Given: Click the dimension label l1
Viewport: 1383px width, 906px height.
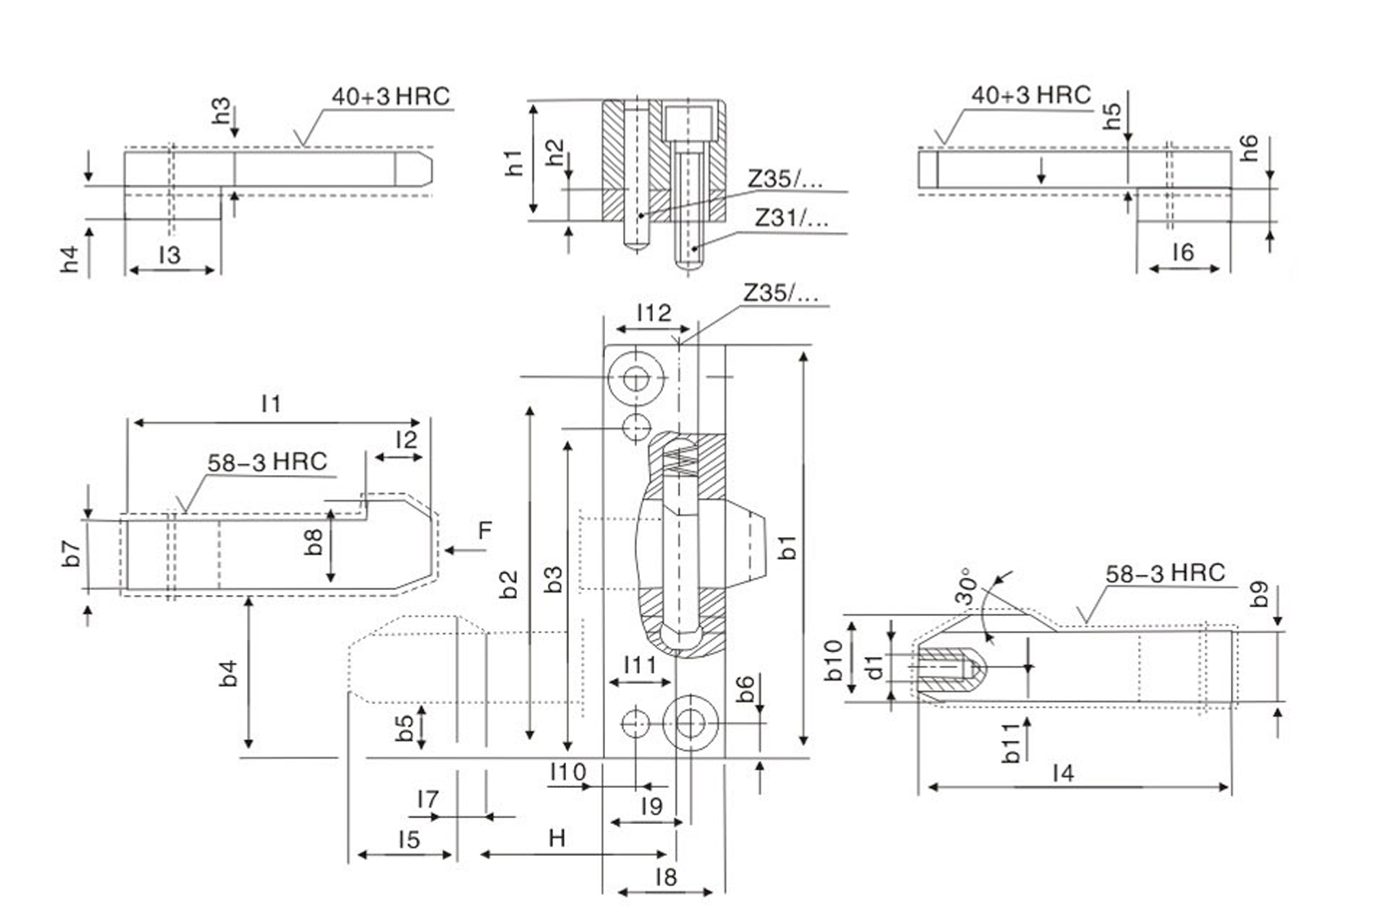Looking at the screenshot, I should (x=271, y=403).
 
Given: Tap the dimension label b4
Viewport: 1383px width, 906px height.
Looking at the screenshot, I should (x=228, y=673).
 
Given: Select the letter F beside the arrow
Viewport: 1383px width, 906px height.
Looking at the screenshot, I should (x=485, y=530).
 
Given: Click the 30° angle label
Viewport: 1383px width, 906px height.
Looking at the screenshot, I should (x=968, y=586).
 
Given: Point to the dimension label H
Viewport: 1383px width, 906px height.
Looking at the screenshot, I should (x=557, y=838).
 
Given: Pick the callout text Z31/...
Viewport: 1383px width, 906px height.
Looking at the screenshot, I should (x=791, y=218).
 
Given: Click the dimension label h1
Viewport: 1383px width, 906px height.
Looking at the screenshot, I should (x=513, y=162).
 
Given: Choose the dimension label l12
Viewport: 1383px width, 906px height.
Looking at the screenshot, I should (x=653, y=313).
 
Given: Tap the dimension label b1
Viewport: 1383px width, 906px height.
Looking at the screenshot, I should (x=787, y=547).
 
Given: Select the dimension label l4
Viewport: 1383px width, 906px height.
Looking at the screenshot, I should (x=1062, y=773).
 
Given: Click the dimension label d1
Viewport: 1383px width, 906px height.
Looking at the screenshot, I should (x=875, y=667).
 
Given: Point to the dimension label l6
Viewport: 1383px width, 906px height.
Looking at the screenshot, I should (x=1182, y=252).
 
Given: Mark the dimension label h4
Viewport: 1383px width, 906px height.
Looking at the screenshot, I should (x=70, y=259).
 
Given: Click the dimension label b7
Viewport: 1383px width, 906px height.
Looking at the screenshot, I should (x=72, y=554).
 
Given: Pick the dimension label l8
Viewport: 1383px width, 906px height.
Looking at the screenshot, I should (x=666, y=877).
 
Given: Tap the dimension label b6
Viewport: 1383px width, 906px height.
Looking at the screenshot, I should (x=746, y=688).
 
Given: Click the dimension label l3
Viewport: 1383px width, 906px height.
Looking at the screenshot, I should (x=169, y=255).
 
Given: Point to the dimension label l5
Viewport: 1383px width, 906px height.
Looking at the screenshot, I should (x=409, y=839).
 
